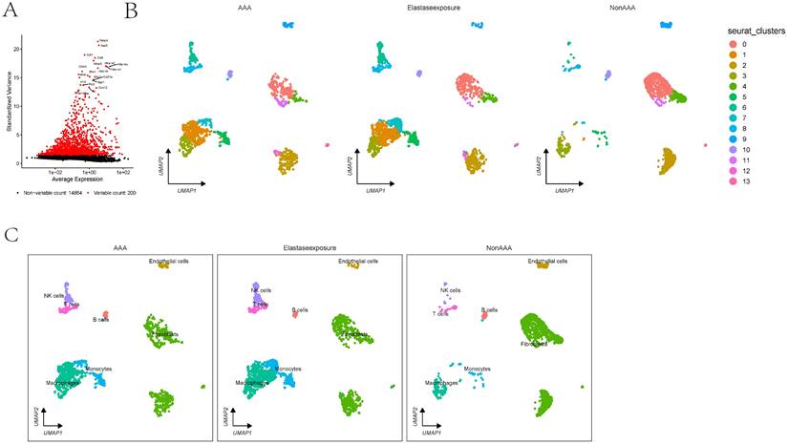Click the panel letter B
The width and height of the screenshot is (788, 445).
[132, 11]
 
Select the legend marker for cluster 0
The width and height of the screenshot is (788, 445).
[731, 44]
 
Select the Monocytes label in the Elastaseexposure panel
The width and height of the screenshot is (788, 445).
[288, 369]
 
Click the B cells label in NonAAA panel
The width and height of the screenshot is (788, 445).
[490, 309]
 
